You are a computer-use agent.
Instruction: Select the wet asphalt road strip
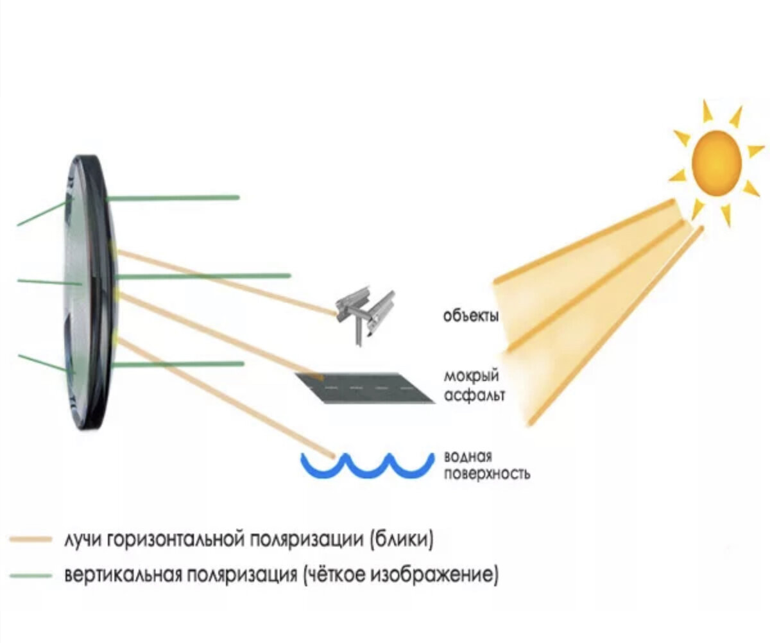(366, 388)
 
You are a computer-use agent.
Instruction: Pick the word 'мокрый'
(472, 377)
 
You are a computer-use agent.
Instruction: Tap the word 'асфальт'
(474, 394)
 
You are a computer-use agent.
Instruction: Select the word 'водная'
(468, 457)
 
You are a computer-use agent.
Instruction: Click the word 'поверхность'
(487, 474)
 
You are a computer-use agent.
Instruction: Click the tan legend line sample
(30, 539)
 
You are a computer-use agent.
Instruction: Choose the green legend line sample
(30, 574)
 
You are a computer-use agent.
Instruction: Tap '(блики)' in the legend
(402, 538)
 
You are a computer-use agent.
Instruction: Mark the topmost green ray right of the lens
(173, 198)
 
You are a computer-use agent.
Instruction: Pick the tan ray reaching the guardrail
(225, 281)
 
